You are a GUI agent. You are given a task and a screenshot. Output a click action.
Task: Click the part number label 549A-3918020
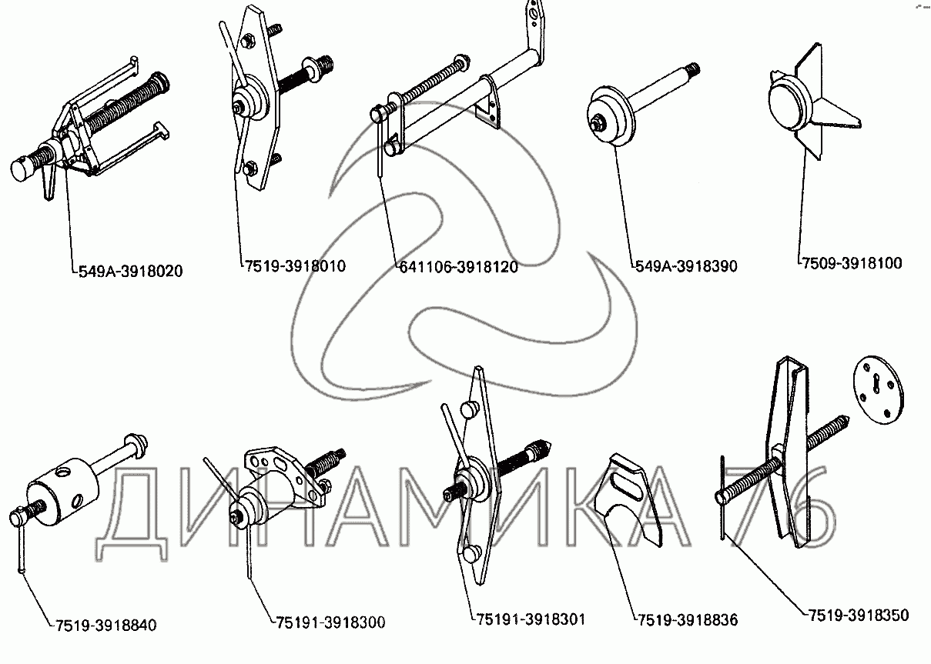click(131, 272)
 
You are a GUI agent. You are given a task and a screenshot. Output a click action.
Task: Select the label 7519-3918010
click(295, 266)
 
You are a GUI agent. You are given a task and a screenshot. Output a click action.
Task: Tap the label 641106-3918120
click(459, 267)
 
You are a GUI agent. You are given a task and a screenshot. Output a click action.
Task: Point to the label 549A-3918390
click(686, 266)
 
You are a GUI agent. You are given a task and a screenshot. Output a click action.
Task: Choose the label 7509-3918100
click(850, 263)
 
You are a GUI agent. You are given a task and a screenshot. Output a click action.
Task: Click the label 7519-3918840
click(105, 625)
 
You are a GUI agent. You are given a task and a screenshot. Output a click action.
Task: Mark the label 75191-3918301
click(531, 619)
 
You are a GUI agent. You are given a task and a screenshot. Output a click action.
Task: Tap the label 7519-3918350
click(858, 615)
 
